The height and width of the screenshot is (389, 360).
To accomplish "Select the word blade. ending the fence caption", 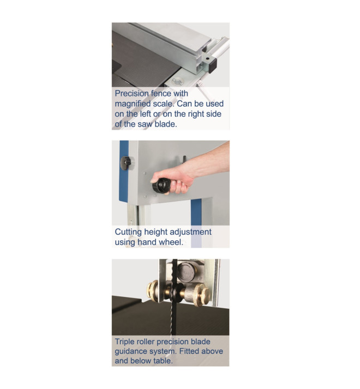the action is (166, 124).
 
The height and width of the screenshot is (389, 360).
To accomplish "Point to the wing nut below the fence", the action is (177, 81).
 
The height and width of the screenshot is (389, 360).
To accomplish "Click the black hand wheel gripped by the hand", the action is (161, 185).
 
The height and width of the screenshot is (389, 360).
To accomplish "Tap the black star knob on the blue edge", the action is (125, 163).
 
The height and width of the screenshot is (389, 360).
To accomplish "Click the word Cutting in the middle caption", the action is (128, 232).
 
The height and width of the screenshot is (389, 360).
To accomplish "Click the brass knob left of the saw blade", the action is (152, 290).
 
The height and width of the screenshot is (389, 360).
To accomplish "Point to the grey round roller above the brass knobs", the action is (186, 272).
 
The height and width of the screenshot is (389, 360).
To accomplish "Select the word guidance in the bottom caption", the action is (131, 351).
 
